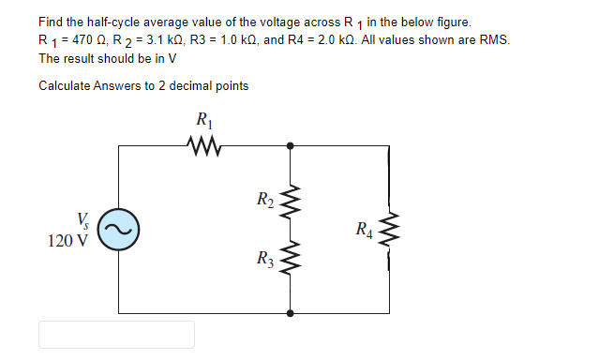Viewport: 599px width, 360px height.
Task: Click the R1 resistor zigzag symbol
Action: pyautogui.click(x=203, y=145)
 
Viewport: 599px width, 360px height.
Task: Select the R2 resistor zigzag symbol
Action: pyautogui.click(x=291, y=199)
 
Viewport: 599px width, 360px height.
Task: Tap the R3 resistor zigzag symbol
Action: pyautogui.click(x=291, y=261)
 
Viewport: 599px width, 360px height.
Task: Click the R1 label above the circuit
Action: pyautogui.click(x=203, y=120)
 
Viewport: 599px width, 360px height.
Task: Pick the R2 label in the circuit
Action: pyautogui.click(x=265, y=198)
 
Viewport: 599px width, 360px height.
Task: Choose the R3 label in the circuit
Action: pyautogui.click(x=265, y=260)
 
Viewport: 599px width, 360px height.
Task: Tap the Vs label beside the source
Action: pyautogui.click(x=83, y=222)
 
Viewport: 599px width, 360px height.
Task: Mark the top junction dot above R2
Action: pyautogui.click(x=291, y=145)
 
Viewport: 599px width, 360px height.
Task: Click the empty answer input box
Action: pyautogui.click(x=116, y=335)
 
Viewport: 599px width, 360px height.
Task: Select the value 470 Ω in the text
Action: pyautogui.click(x=89, y=40)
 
